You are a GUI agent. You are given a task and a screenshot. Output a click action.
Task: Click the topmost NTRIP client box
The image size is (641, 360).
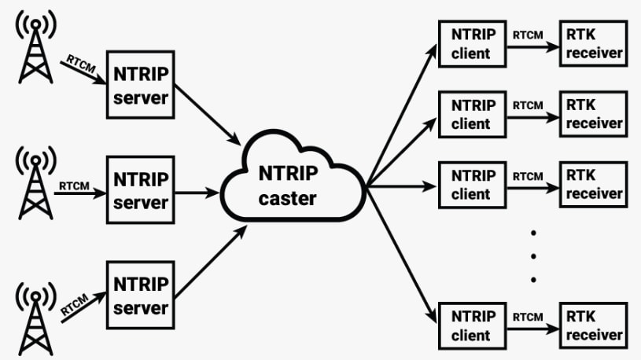pos(472,44)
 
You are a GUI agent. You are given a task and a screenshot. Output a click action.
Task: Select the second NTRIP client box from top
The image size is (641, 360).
pos(472,114)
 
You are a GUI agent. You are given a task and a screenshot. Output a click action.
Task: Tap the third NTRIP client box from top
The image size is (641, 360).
pos(472,184)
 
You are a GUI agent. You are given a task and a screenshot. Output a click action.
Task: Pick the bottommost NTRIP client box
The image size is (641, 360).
pos(472,325)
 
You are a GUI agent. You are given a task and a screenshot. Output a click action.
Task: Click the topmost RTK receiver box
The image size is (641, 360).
pos(594,44)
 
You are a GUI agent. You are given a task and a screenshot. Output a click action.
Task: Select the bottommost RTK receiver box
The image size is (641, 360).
pos(594,325)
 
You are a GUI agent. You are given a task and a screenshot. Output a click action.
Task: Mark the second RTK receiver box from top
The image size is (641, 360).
pos(594,114)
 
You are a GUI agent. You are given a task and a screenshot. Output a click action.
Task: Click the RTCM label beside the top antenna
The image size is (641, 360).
pos(80,64)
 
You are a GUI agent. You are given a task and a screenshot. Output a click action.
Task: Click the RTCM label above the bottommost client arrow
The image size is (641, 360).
pos(528,317)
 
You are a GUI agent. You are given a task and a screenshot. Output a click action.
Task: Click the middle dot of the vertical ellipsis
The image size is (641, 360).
pos(532,255)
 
